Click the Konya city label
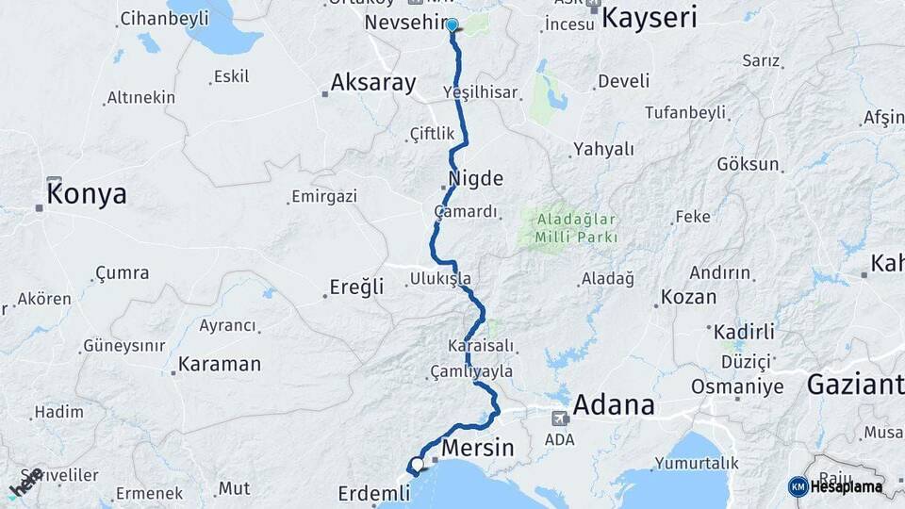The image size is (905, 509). (x=87, y=194)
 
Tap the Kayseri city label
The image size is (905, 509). (x=649, y=17)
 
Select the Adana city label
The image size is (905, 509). (x=613, y=404)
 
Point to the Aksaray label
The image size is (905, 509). (x=372, y=83)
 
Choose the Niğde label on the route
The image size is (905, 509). (x=477, y=178)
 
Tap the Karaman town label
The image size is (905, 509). (x=219, y=363)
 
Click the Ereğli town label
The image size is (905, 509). (x=356, y=287)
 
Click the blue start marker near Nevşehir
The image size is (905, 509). (x=452, y=25)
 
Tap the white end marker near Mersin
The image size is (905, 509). (x=417, y=464)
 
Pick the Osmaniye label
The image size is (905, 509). (x=737, y=386)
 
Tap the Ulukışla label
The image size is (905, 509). (x=440, y=278)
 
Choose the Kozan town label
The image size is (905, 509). (x=688, y=297)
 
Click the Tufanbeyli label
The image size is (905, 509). (x=685, y=113)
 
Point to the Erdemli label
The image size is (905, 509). (x=374, y=493)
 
